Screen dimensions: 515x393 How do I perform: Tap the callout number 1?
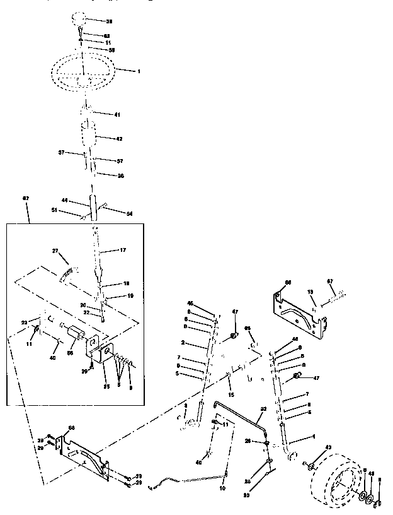139,71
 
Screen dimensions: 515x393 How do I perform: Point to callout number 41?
117,115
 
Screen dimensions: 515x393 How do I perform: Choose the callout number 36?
120,175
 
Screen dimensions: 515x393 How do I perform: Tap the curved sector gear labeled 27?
67,273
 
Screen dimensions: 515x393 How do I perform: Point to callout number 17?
123,251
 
